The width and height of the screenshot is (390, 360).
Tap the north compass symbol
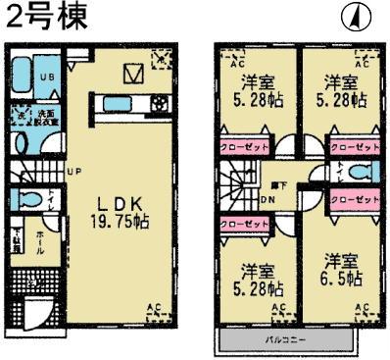pos(352,17)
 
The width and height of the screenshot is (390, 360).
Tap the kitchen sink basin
pos(110,102)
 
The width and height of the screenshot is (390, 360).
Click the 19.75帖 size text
pos(121,223)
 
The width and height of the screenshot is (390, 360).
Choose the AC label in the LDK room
pos(153,309)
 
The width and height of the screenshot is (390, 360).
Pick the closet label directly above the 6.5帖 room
pos(354,200)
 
